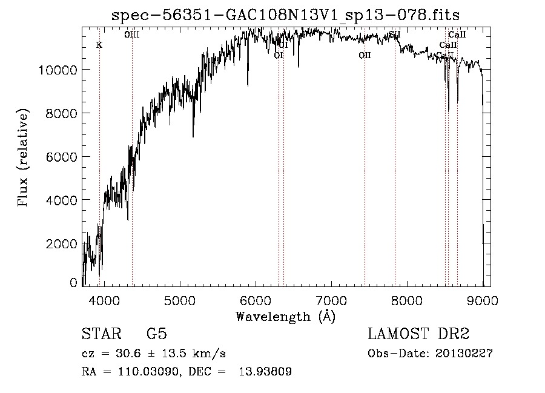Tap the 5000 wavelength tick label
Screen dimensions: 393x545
pyautogui.click(x=180, y=300)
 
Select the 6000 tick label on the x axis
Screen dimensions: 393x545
pyautogui.click(x=256, y=300)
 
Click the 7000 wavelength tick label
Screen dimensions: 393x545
pyautogui.click(x=331, y=300)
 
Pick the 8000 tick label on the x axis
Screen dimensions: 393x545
pyautogui.click(x=407, y=300)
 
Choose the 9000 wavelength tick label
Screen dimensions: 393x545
pyautogui.click(x=483, y=300)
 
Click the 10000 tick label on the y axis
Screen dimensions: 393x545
pyautogui.click(x=58, y=70)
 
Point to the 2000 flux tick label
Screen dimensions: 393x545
pyautogui.click(x=61, y=243)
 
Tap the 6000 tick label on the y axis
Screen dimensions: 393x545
pyautogui.click(x=61, y=157)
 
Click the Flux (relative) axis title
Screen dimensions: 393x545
pyautogui.click(x=24, y=157)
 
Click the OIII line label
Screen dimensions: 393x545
pyautogui.click(x=131, y=35)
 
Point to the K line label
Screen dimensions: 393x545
pyautogui.click(x=99, y=45)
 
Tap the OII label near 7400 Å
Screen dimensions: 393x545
pyautogui.click(x=364, y=55)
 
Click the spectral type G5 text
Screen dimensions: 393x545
pyautogui.click(x=156, y=334)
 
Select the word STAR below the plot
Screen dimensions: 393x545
pyautogui.click(x=101, y=334)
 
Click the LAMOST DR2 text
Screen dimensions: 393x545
pyautogui.click(x=418, y=334)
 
